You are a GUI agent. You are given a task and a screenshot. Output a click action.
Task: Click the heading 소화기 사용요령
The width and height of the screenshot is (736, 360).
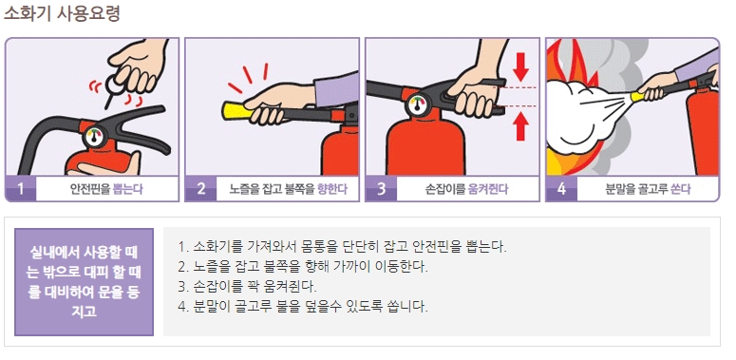(x=61, y=14)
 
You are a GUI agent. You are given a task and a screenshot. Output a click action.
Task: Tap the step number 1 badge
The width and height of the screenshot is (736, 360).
(x=21, y=188)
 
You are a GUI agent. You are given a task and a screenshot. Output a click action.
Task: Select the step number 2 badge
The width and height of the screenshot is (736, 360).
(x=200, y=188)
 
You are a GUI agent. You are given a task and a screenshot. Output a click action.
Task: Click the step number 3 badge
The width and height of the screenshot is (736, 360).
(x=381, y=188)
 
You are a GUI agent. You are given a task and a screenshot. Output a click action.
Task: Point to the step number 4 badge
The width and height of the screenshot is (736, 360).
(x=560, y=188)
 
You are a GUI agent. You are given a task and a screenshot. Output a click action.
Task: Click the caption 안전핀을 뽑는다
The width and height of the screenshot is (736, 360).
(x=106, y=189)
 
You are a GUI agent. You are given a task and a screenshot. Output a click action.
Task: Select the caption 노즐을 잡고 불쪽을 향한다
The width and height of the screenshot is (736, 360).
(x=288, y=189)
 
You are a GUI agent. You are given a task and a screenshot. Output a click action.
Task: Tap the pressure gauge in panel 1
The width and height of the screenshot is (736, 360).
(x=95, y=137)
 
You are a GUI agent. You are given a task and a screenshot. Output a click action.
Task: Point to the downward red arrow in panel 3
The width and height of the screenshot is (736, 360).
(x=519, y=67)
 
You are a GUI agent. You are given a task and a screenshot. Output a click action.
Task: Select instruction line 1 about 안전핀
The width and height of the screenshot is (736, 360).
(x=342, y=246)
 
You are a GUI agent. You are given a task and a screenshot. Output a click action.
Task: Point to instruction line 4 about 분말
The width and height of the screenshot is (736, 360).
(x=303, y=306)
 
